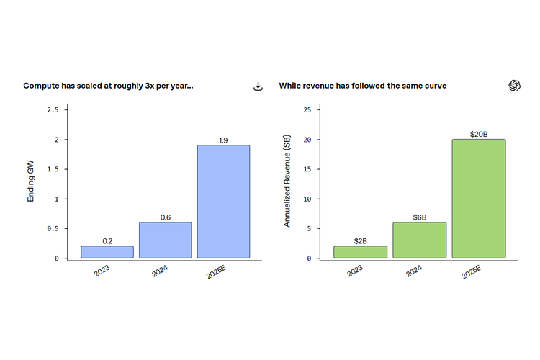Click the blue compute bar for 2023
point(107,252)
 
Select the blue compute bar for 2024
point(166,240)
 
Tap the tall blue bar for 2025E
point(223,202)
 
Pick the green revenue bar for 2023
point(360,252)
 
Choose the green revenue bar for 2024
point(420,240)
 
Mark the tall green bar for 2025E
point(479,199)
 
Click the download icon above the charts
point(258,86)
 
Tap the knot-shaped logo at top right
point(515,86)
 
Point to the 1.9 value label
point(223,140)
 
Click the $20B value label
point(479,134)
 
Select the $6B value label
point(420,217)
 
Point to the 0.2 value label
point(107,241)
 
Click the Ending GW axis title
point(31,181)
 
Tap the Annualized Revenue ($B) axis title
point(287,181)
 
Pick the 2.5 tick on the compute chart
point(53,110)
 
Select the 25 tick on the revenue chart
point(307,110)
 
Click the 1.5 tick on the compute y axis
point(53,169)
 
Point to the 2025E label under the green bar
point(472,272)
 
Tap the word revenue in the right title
point(318,86)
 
